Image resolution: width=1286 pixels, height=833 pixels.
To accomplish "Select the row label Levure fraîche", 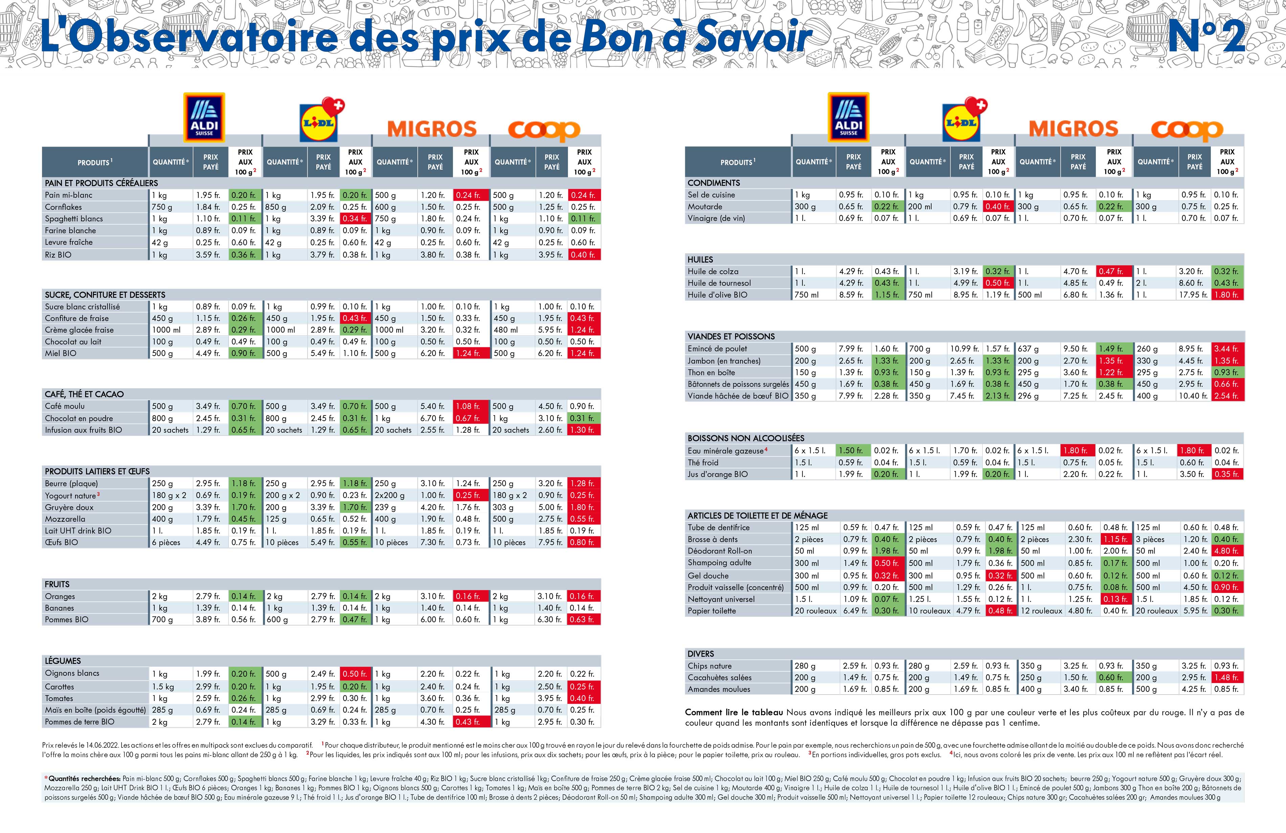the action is tap(69, 242).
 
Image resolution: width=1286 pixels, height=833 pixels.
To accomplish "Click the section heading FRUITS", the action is tap(57, 584).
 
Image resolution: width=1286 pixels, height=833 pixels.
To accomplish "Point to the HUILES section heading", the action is tap(700, 259).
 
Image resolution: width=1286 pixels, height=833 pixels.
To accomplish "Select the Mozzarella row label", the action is tap(65, 519).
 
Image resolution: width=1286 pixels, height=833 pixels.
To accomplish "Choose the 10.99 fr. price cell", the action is tap(964, 349).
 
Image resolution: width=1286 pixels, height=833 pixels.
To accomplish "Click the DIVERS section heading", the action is tap(701, 654).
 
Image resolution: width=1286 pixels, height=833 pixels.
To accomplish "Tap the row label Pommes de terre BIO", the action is tap(80, 722).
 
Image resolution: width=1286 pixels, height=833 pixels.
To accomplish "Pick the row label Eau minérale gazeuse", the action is tap(726, 451).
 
